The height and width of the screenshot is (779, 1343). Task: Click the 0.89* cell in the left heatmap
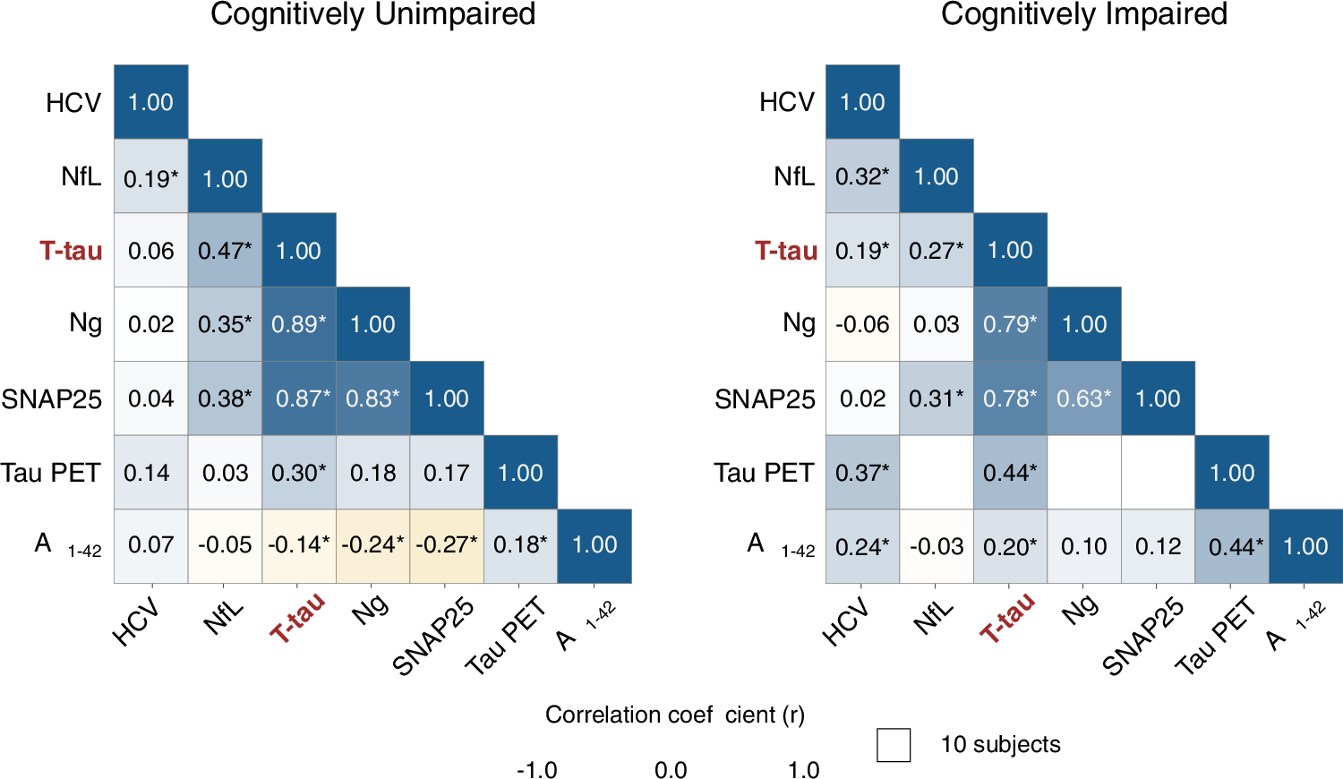(299, 324)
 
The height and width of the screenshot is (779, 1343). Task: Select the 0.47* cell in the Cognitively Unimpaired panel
(225, 250)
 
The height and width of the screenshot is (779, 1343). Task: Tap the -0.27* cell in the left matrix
(447, 545)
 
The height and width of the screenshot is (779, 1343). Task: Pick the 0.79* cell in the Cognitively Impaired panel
(1010, 324)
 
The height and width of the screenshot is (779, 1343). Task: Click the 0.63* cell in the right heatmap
(1083, 398)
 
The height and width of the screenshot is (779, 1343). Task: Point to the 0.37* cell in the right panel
(862, 473)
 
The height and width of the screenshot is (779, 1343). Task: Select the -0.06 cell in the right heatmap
(862, 324)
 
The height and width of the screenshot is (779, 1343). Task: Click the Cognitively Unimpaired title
(372, 14)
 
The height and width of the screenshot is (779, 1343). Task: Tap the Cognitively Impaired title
(1083, 14)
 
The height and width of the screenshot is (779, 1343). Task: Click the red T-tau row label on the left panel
(71, 251)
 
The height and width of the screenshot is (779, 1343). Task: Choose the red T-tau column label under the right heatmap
(1007, 618)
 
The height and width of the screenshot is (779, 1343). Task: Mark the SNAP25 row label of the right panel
(765, 399)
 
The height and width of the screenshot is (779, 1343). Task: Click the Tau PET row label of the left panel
(50, 473)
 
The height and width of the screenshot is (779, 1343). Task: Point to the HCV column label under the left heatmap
(136, 622)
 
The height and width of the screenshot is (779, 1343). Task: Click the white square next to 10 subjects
(894, 745)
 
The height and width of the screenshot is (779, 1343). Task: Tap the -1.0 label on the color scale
(537, 770)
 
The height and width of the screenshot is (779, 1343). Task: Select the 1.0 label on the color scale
(803, 770)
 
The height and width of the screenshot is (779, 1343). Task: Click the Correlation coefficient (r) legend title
(675, 715)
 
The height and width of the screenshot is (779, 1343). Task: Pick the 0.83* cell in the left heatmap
(372, 398)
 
